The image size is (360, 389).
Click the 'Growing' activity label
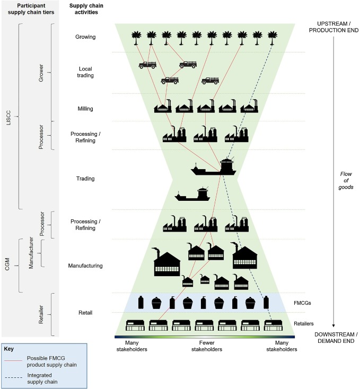(x=85, y=38)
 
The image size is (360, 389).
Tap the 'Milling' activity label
(x=85, y=109)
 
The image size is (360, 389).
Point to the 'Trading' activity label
(x=85, y=179)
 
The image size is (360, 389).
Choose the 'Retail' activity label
(x=85, y=313)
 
